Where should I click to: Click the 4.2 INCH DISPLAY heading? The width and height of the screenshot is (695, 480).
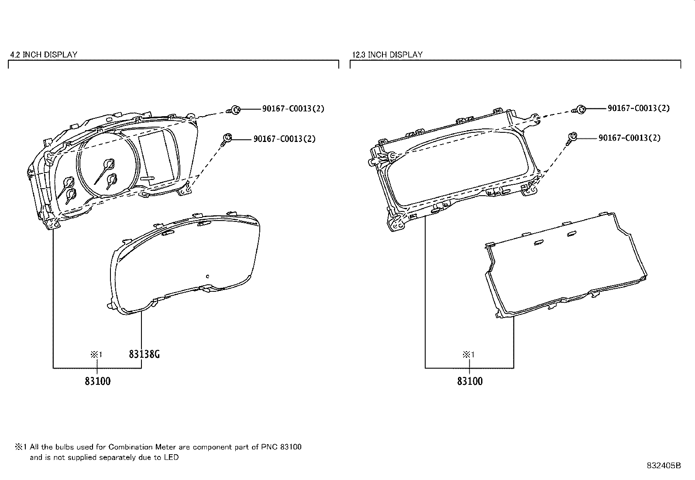44,55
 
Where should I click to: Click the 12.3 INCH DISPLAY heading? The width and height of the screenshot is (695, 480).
387,55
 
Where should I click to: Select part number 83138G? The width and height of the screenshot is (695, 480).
144,354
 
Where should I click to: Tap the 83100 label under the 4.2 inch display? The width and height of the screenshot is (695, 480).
98,381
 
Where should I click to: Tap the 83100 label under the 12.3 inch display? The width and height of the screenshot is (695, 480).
470,381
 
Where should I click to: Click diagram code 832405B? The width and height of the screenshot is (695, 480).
663,466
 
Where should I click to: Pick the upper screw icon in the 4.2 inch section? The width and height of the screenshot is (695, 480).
235,109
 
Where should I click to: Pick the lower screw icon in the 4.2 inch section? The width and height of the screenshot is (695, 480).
226,139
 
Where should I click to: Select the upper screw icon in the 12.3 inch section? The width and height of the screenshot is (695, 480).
580,109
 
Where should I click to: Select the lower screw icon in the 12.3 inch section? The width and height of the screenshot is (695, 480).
572,138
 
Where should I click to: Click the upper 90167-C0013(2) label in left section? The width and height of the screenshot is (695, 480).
293,109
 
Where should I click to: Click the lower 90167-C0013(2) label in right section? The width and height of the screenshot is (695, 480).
629,138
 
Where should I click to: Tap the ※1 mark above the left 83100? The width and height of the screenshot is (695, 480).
96,355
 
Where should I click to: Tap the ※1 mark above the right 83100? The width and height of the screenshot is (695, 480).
468,355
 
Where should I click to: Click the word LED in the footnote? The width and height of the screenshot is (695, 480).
171,458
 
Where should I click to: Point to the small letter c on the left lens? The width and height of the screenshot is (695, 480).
208,276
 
